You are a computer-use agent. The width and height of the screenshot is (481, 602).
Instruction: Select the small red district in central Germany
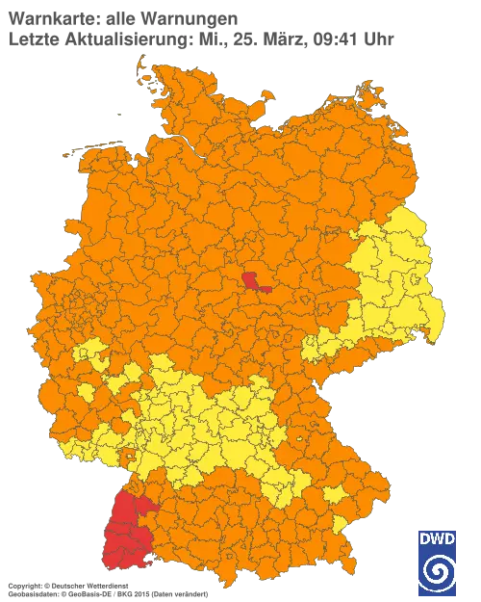257,281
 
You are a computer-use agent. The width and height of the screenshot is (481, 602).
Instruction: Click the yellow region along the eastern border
394,279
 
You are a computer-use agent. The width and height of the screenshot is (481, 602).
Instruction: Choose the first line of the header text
120,16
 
